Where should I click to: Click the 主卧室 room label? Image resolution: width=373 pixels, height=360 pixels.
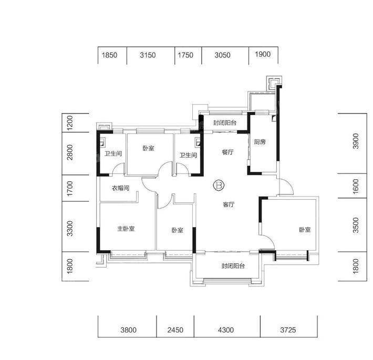point(126,229)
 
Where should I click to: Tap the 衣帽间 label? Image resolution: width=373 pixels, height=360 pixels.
point(121,188)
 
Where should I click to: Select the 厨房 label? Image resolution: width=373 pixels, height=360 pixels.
point(260,142)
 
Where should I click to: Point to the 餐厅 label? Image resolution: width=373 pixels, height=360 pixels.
point(227,152)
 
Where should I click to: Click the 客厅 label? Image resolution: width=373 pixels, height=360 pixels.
point(229,204)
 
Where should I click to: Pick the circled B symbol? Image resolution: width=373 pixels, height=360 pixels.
point(219,185)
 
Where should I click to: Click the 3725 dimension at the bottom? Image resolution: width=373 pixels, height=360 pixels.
point(288,330)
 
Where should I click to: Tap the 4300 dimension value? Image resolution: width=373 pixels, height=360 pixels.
point(226,330)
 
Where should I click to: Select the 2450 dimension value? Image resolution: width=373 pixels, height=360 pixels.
point(175,330)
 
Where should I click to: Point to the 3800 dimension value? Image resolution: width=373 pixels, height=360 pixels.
point(129,330)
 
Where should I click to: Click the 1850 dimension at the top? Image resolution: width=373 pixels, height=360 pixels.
point(109,55)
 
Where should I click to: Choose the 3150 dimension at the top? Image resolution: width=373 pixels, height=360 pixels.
point(148,55)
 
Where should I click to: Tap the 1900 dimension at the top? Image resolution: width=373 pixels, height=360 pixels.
point(263,54)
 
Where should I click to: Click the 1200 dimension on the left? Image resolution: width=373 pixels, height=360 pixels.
point(70,123)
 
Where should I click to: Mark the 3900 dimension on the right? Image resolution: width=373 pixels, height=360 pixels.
point(356,141)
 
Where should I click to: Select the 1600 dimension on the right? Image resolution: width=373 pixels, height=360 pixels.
point(356,187)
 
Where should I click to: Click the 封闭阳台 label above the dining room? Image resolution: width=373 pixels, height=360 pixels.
point(225,123)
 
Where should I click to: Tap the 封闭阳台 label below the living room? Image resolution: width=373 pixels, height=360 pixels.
point(233,266)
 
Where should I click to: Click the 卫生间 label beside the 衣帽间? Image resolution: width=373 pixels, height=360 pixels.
point(113,153)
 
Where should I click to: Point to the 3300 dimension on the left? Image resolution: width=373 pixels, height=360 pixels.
point(70,229)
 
